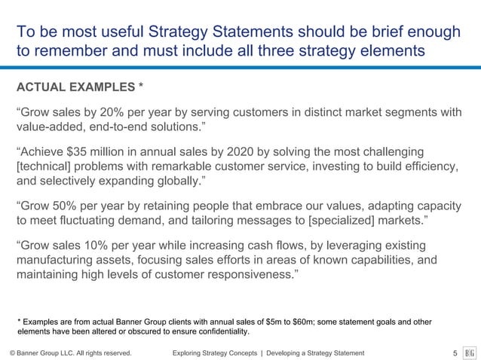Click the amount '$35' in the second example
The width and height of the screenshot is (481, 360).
81,153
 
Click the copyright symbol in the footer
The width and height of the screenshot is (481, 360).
12,352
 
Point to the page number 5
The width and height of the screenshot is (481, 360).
455,352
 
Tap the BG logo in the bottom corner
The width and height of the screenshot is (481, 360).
468,352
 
